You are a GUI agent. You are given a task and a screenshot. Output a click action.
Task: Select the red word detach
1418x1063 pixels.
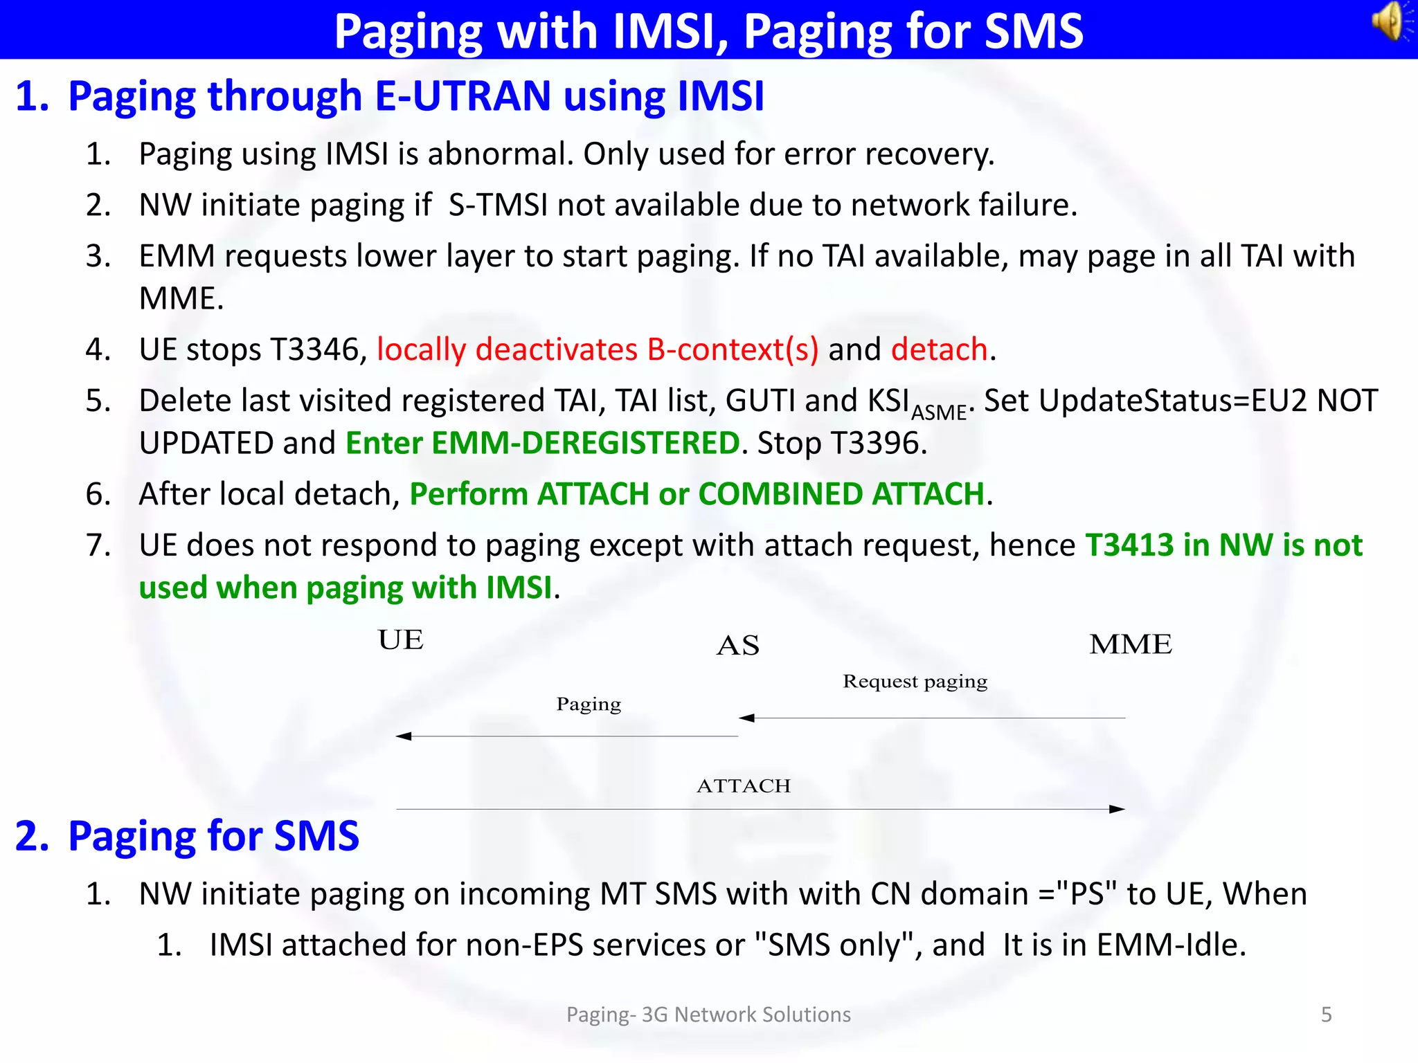939,349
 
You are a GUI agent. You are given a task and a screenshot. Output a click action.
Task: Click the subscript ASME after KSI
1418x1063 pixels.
938,413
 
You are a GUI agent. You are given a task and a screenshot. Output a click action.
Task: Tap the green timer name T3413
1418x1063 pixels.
1129,545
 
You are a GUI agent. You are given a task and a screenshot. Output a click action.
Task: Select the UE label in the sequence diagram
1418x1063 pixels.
400,640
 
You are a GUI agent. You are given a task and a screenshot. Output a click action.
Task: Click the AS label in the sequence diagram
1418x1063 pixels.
738,646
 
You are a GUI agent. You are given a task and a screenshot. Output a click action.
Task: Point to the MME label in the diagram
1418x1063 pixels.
1130,644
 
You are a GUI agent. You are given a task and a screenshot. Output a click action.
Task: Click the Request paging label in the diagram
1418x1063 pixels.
915,682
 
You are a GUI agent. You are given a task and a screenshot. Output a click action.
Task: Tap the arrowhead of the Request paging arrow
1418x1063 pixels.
746,718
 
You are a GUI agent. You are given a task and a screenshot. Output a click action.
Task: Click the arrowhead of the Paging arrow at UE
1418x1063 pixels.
403,736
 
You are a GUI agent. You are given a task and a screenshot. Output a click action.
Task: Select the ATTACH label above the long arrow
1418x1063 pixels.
744,786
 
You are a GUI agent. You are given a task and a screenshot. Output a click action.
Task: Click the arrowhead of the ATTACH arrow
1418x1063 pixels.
1118,809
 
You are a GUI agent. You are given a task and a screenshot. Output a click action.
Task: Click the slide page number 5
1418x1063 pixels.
1326,1015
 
